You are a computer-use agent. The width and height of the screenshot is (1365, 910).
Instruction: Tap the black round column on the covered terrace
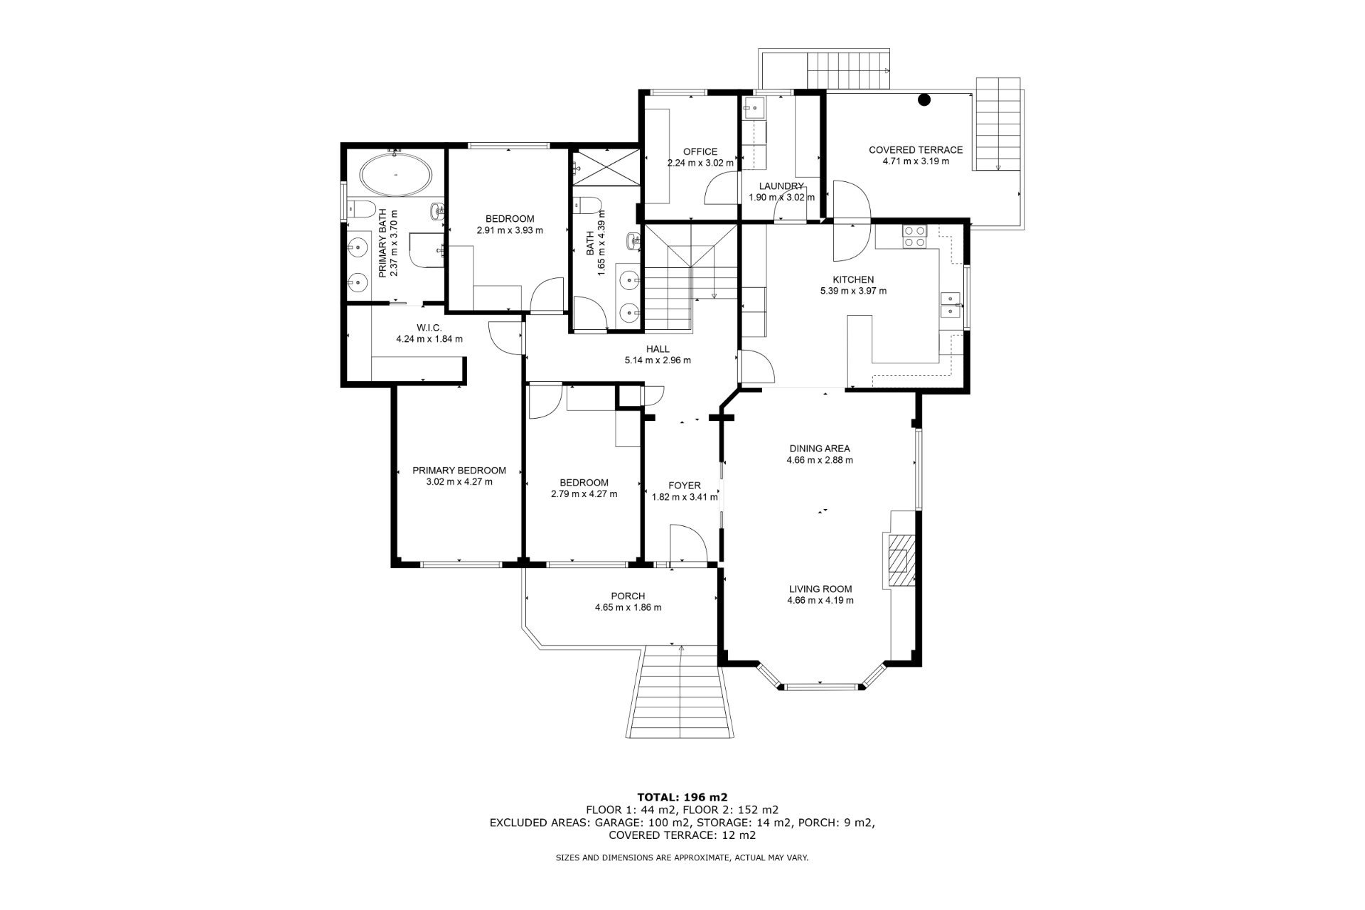(924, 100)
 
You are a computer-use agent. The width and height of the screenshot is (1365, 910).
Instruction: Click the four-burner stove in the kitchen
(914, 236)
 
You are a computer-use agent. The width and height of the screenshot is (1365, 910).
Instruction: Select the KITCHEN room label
(853, 279)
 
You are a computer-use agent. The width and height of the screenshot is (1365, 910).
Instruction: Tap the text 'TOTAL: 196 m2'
(682, 796)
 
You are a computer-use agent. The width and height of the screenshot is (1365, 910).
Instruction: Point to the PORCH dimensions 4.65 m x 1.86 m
(628, 607)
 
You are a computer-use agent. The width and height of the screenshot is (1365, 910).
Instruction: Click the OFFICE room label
(700, 151)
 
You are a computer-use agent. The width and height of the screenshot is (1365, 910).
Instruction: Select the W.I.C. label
(429, 327)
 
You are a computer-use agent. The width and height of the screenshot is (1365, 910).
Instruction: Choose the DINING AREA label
(820, 449)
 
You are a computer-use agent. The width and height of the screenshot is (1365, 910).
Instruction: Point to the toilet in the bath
(587, 205)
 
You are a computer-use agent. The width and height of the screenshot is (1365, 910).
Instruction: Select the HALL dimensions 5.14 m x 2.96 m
(658, 360)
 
